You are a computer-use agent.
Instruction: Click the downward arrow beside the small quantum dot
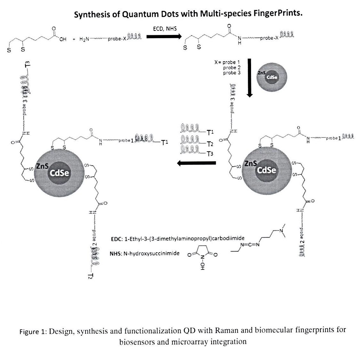250,77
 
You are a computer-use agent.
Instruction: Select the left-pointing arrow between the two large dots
197,163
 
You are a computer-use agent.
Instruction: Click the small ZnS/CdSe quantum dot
272,76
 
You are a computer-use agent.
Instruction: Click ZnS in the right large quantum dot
250,163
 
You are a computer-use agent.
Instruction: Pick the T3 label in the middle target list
210,154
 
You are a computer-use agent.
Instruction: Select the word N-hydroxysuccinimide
151,254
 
